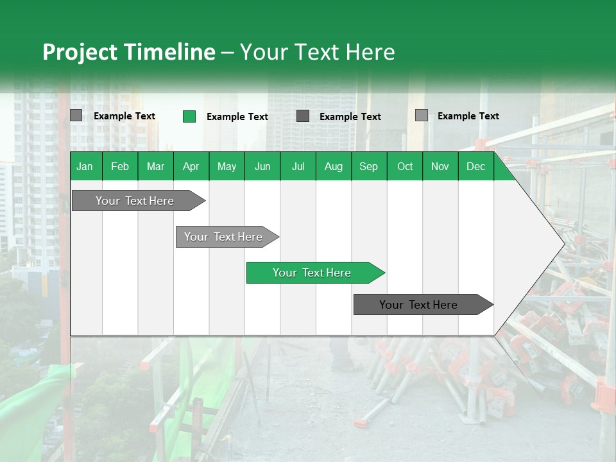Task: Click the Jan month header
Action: point(85,166)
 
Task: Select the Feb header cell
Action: point(120,166)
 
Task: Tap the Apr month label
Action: point(191,166)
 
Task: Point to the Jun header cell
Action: point(262,166)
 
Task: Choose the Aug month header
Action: point(333,166)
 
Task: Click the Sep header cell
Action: point(368,166)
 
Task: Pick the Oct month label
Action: point(405,166)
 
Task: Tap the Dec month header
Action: point(475,166)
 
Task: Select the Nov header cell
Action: point(440,166)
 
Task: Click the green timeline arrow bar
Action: point(315,273)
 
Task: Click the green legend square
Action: point(189,116)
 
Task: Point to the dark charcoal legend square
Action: point(303,116)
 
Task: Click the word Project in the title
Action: point(80,52)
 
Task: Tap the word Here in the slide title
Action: point(370,52)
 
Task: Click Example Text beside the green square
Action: point(237,117)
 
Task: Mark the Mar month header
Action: point(155,166)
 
